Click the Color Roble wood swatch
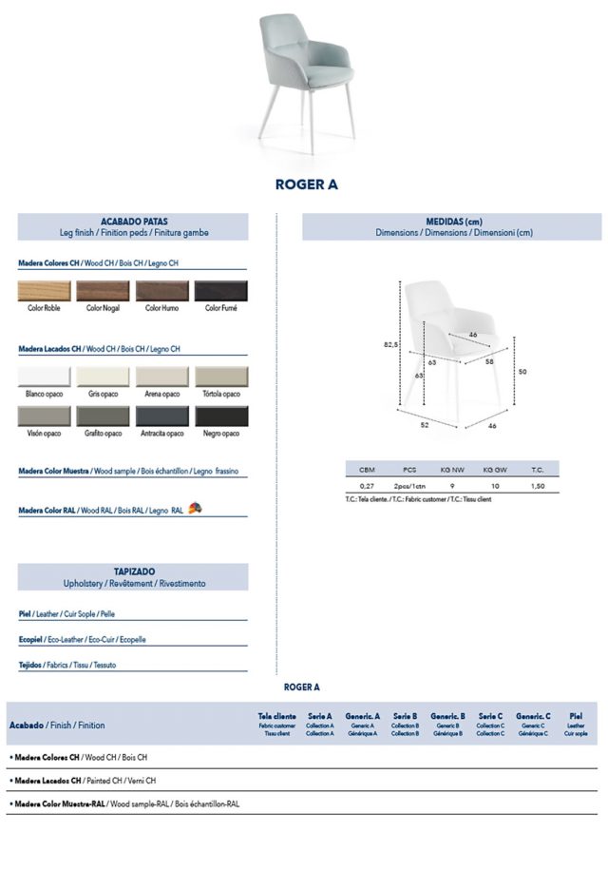(45, 291)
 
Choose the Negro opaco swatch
(220, 416)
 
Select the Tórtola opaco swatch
(220, 377)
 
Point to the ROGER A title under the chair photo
(306, 184)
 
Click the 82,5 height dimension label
(389, 346)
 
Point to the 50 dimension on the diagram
(522, 372)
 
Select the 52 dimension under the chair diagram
(425, 425)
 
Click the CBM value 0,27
(367, 485)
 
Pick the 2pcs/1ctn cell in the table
(409, 485)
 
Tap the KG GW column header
(495, 470)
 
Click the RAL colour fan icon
(195, 509)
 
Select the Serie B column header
(405, 716)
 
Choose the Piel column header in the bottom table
(576, 716)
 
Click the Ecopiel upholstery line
(83, 640)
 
